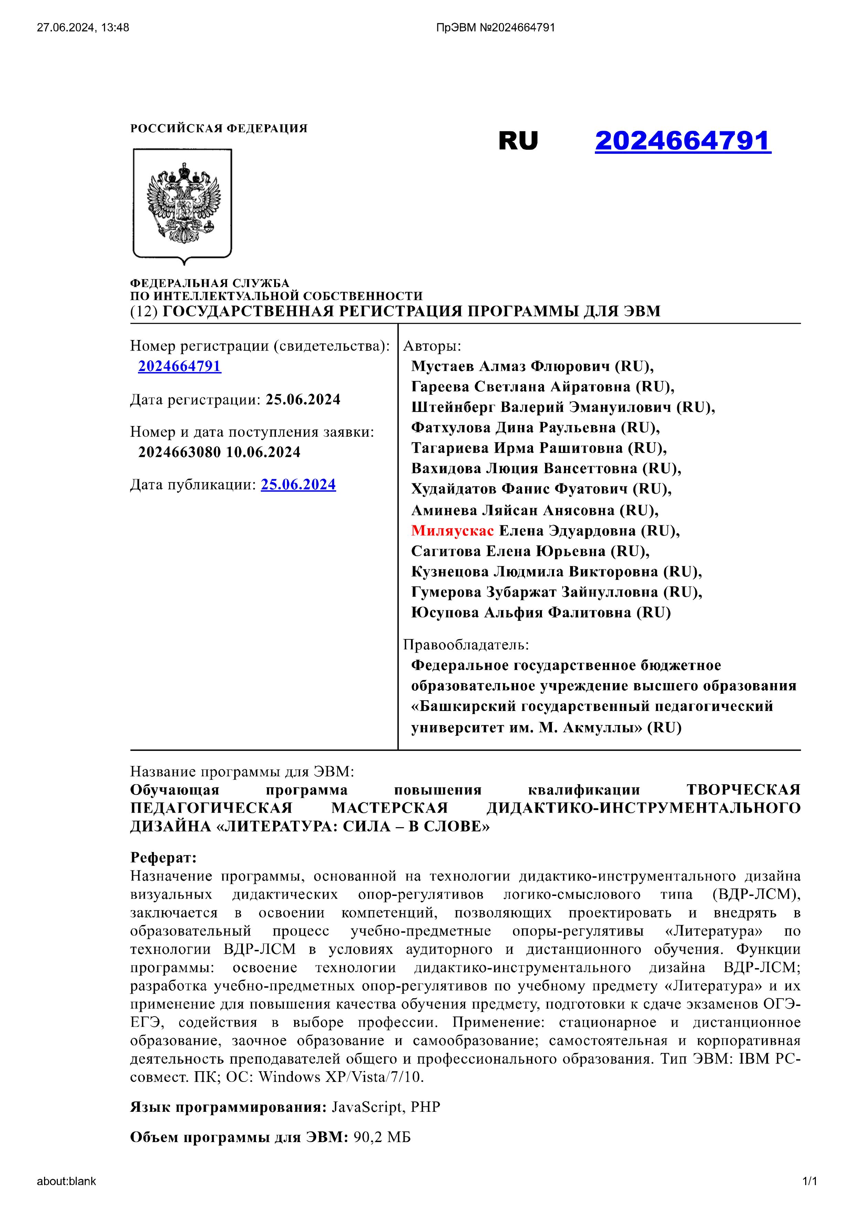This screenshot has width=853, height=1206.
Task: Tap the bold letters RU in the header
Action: (x=518, y=141)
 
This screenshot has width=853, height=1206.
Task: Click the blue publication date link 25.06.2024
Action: (x=298, y=484)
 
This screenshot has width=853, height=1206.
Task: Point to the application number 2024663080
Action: (x=179, y=452)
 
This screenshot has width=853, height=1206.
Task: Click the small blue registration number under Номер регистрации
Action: (x=180, y=366)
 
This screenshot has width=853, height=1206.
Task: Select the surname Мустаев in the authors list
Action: (x=443, y=366)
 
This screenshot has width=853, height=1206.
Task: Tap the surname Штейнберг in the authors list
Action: (x=453, y=407)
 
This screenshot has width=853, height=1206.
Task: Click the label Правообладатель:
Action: (x=466, y=645)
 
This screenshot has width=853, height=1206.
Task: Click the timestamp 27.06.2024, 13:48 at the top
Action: (x=83, y=27)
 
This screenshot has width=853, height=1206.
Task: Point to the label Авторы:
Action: (x=432, y=346)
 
